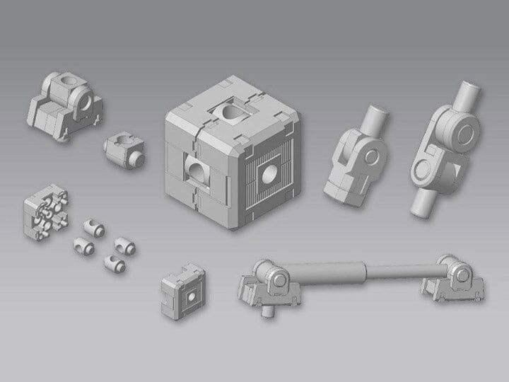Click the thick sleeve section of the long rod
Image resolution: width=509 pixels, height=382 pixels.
[332, 272]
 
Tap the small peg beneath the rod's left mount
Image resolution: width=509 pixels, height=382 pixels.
[267, 309]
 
